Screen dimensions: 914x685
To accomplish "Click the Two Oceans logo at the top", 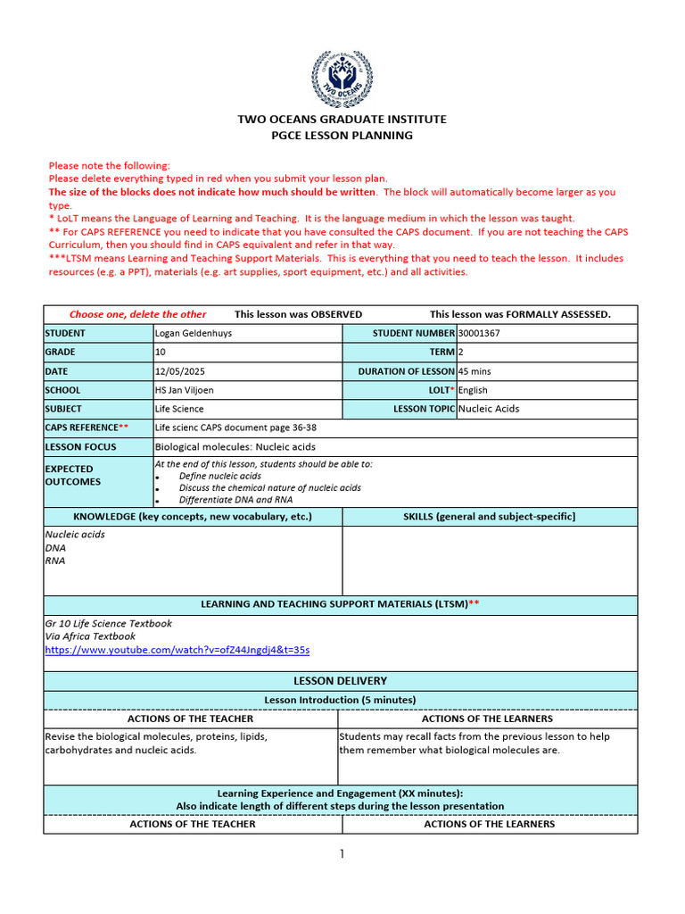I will pyautogui.click(x=342, y=79).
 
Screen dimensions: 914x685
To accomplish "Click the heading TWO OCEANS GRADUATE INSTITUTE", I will pyautogui.click(x=342, y=119).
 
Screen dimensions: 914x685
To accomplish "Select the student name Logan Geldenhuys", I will pyautogui.click(x=194, y=334).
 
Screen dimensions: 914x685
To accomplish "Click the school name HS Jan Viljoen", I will pyautogui.click(x=186, y=390).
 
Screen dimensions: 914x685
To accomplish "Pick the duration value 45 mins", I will pyautogui.click(x=475, y=371).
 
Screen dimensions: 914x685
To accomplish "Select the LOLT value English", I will pyautogui.click(x=473, y=390).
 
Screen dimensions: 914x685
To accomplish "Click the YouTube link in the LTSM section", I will pyautogui.click(x=177, y=650).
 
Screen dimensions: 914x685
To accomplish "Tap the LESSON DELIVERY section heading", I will pyautogui.click(x=341, y=680).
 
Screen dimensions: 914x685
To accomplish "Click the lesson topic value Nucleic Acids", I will pyautogui.click(x=489, y=409).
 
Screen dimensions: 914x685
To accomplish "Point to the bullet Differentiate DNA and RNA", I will pyautogui.click(x=235, y=500).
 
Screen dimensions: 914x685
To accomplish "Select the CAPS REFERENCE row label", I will pyautogui.click(x=87, y=428).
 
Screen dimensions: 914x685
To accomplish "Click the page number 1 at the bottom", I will pyautogui.click(x=342, y=854).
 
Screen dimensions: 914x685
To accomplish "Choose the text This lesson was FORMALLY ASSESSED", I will pyautogui.click(x=520, y=314).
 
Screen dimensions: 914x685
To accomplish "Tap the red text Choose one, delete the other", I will pyautogui.click(x=137, y=314).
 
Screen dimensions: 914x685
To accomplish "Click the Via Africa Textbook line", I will pyautogui.click(x=90, y=636).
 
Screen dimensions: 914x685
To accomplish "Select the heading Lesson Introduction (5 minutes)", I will pyautogui.click(x=341, y=700).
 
